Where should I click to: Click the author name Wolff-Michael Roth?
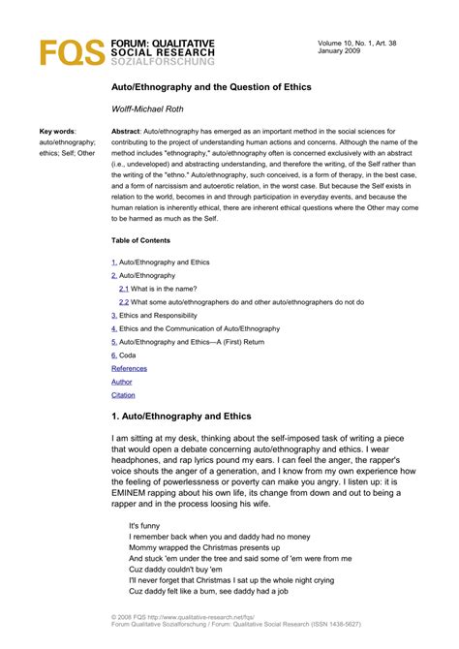(148, 109)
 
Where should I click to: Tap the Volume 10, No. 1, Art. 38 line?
(358, 44)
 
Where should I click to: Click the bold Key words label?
(57, 130)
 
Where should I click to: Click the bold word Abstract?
(126, 130)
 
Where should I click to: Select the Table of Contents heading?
(141, 240)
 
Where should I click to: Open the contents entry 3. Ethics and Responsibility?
(157, 315)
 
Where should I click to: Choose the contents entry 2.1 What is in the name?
(164, 289)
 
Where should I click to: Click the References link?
(129, 368)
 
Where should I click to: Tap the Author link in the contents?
(122, 382)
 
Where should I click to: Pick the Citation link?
(123, 395)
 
